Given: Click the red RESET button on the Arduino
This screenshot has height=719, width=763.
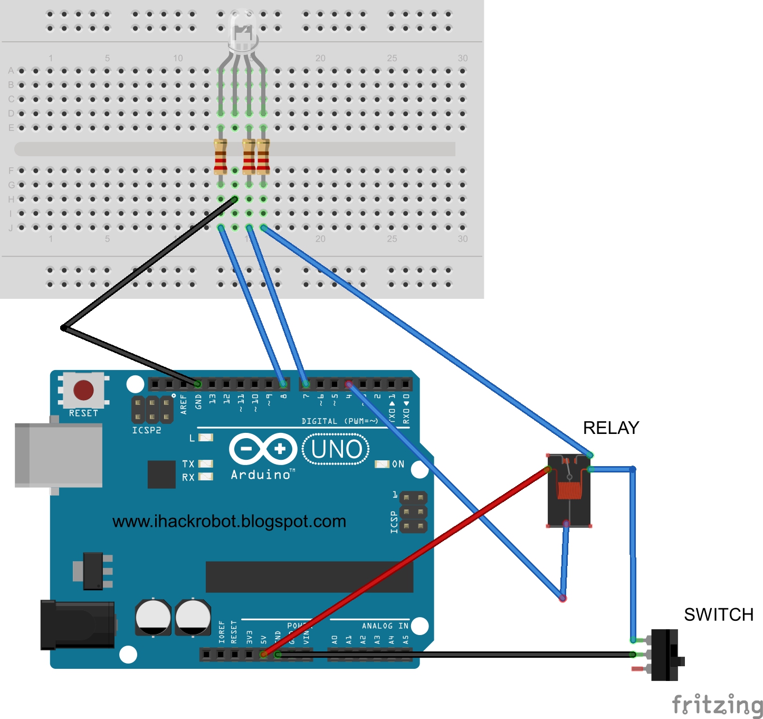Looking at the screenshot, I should (83, 390).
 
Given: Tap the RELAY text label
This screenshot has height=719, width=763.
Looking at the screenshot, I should (611, 428).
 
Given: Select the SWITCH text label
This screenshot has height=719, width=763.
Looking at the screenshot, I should (718, 614).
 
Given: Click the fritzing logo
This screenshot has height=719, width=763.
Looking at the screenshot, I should (717, 705).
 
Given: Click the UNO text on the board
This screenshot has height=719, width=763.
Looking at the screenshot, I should (336, 449).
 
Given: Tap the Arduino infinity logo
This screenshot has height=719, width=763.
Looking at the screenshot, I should (263, 449).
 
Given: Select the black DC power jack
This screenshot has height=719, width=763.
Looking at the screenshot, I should (78, 625).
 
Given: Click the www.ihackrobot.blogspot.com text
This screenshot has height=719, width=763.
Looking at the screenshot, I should (229, 522).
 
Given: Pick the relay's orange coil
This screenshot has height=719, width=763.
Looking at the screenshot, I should (570, 490).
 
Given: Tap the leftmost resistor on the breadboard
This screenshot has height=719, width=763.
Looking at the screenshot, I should (221, 156).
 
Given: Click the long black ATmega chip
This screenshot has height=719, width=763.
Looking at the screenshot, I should (309, 576).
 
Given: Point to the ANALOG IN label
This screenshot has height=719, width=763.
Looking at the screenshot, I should (385, 626).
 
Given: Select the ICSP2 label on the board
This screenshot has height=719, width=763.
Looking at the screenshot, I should (147, 430).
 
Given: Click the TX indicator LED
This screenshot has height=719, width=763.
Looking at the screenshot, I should (205, 463).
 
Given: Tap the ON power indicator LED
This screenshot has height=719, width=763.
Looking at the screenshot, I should (381, 464).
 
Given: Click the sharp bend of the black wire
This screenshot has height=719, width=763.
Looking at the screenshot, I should (63, 328).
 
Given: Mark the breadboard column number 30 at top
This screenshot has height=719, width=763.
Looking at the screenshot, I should (463, 58).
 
